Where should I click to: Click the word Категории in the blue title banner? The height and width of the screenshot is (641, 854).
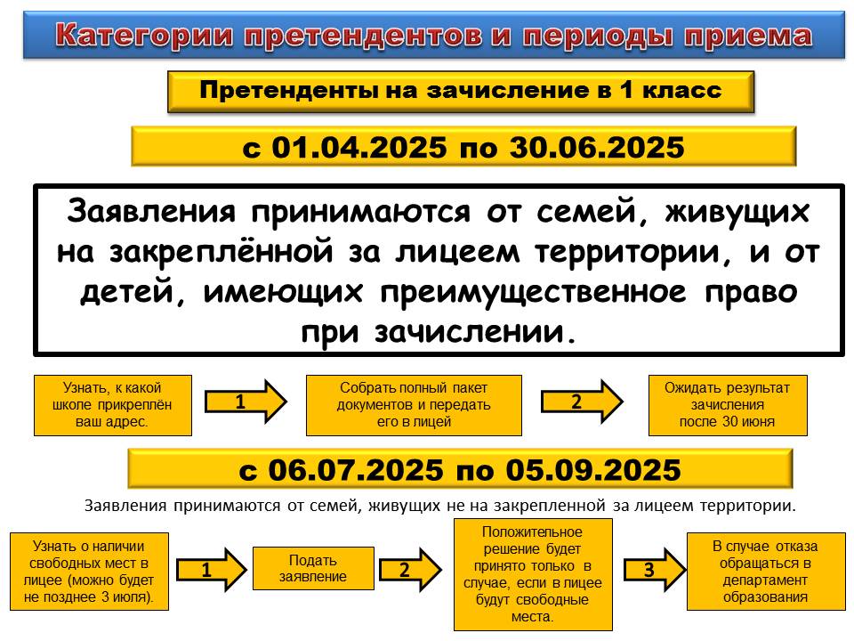[x=144, y=36]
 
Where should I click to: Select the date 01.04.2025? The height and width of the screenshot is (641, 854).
[x=359, y=147]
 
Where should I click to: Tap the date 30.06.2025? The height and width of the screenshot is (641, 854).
[x=597, y=147]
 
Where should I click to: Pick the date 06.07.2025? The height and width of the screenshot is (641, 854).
[x=356, y=470]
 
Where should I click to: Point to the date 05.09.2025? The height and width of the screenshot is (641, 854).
[x=593, y=470]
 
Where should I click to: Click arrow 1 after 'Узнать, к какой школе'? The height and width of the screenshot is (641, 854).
[x=246, y=402]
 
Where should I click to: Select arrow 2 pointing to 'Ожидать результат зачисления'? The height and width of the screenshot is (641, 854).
[x=582, y=402]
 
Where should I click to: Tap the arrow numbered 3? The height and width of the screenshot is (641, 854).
[x=655, y=570]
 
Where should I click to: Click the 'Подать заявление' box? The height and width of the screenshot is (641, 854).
[x=313, y=569]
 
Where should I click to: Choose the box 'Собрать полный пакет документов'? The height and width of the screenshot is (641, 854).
[x=414, y=405]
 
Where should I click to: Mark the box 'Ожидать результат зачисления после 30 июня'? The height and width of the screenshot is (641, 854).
[x=728, y=405]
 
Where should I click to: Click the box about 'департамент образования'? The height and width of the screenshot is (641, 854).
[x=766, y=572]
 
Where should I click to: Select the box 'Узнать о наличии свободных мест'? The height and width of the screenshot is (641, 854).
[x=89, y=572]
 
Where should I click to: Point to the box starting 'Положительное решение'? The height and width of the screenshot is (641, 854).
[x=533, y=574]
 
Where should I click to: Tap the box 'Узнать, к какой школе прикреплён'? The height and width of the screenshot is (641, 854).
[x=113, y=405]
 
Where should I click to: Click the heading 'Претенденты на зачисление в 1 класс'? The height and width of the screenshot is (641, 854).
[x=461, y=91]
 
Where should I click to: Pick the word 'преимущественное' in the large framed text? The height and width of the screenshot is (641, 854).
[x=533, y=292]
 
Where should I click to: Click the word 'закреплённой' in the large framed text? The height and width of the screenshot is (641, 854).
[x=222, y=252]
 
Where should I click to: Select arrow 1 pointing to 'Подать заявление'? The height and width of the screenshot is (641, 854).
[x=212, y=570]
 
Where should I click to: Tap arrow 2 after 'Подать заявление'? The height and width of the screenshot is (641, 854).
[x=410, y=570]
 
